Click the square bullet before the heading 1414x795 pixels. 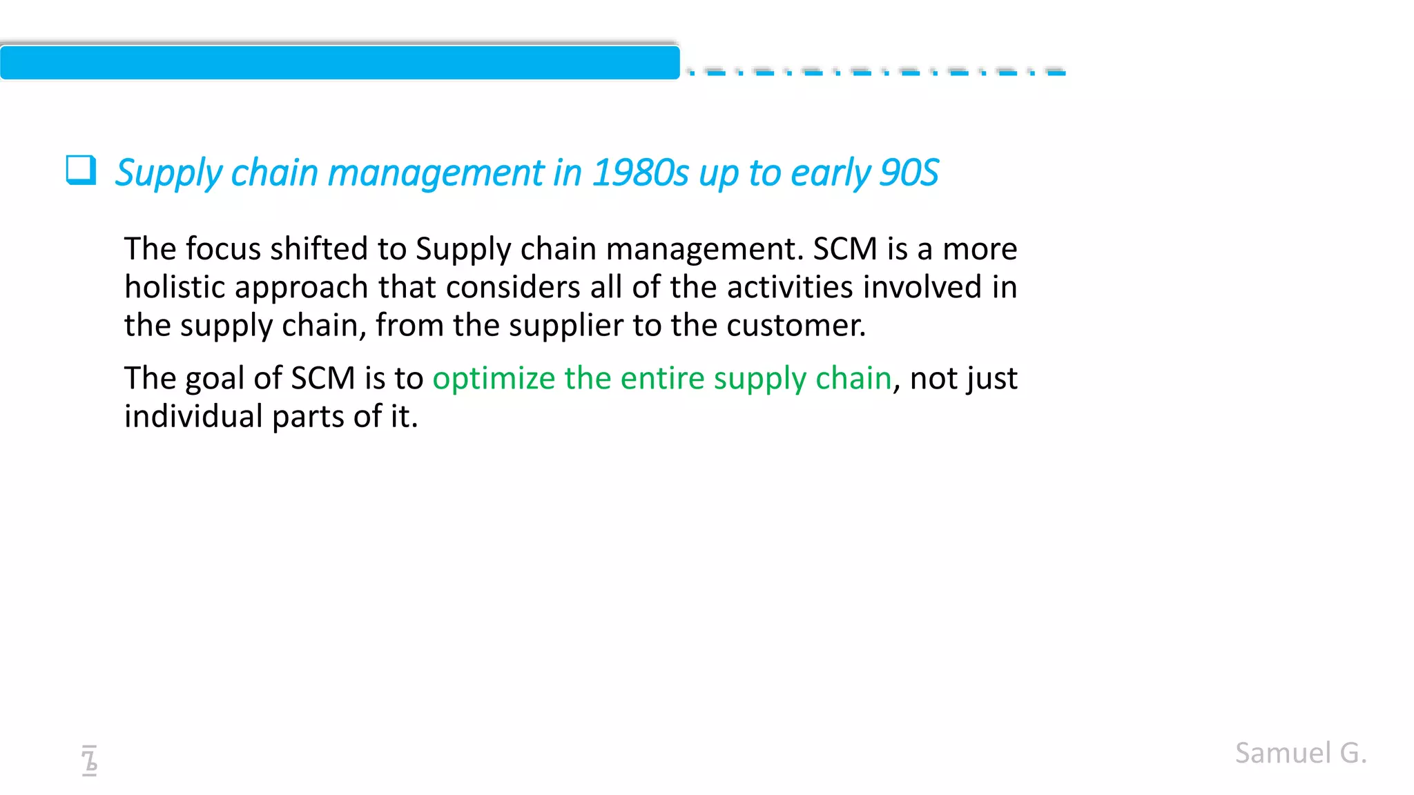[x=81, y=170]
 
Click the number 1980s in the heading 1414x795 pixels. [x=640, y=173]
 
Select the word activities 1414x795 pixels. [x=790, y=287]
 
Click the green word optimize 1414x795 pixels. [x=494, y=378]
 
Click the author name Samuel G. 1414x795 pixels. [x=1301, y=753]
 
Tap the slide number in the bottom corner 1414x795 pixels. [x=89, y=760]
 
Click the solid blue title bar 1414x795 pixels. [x=340, y=63]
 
